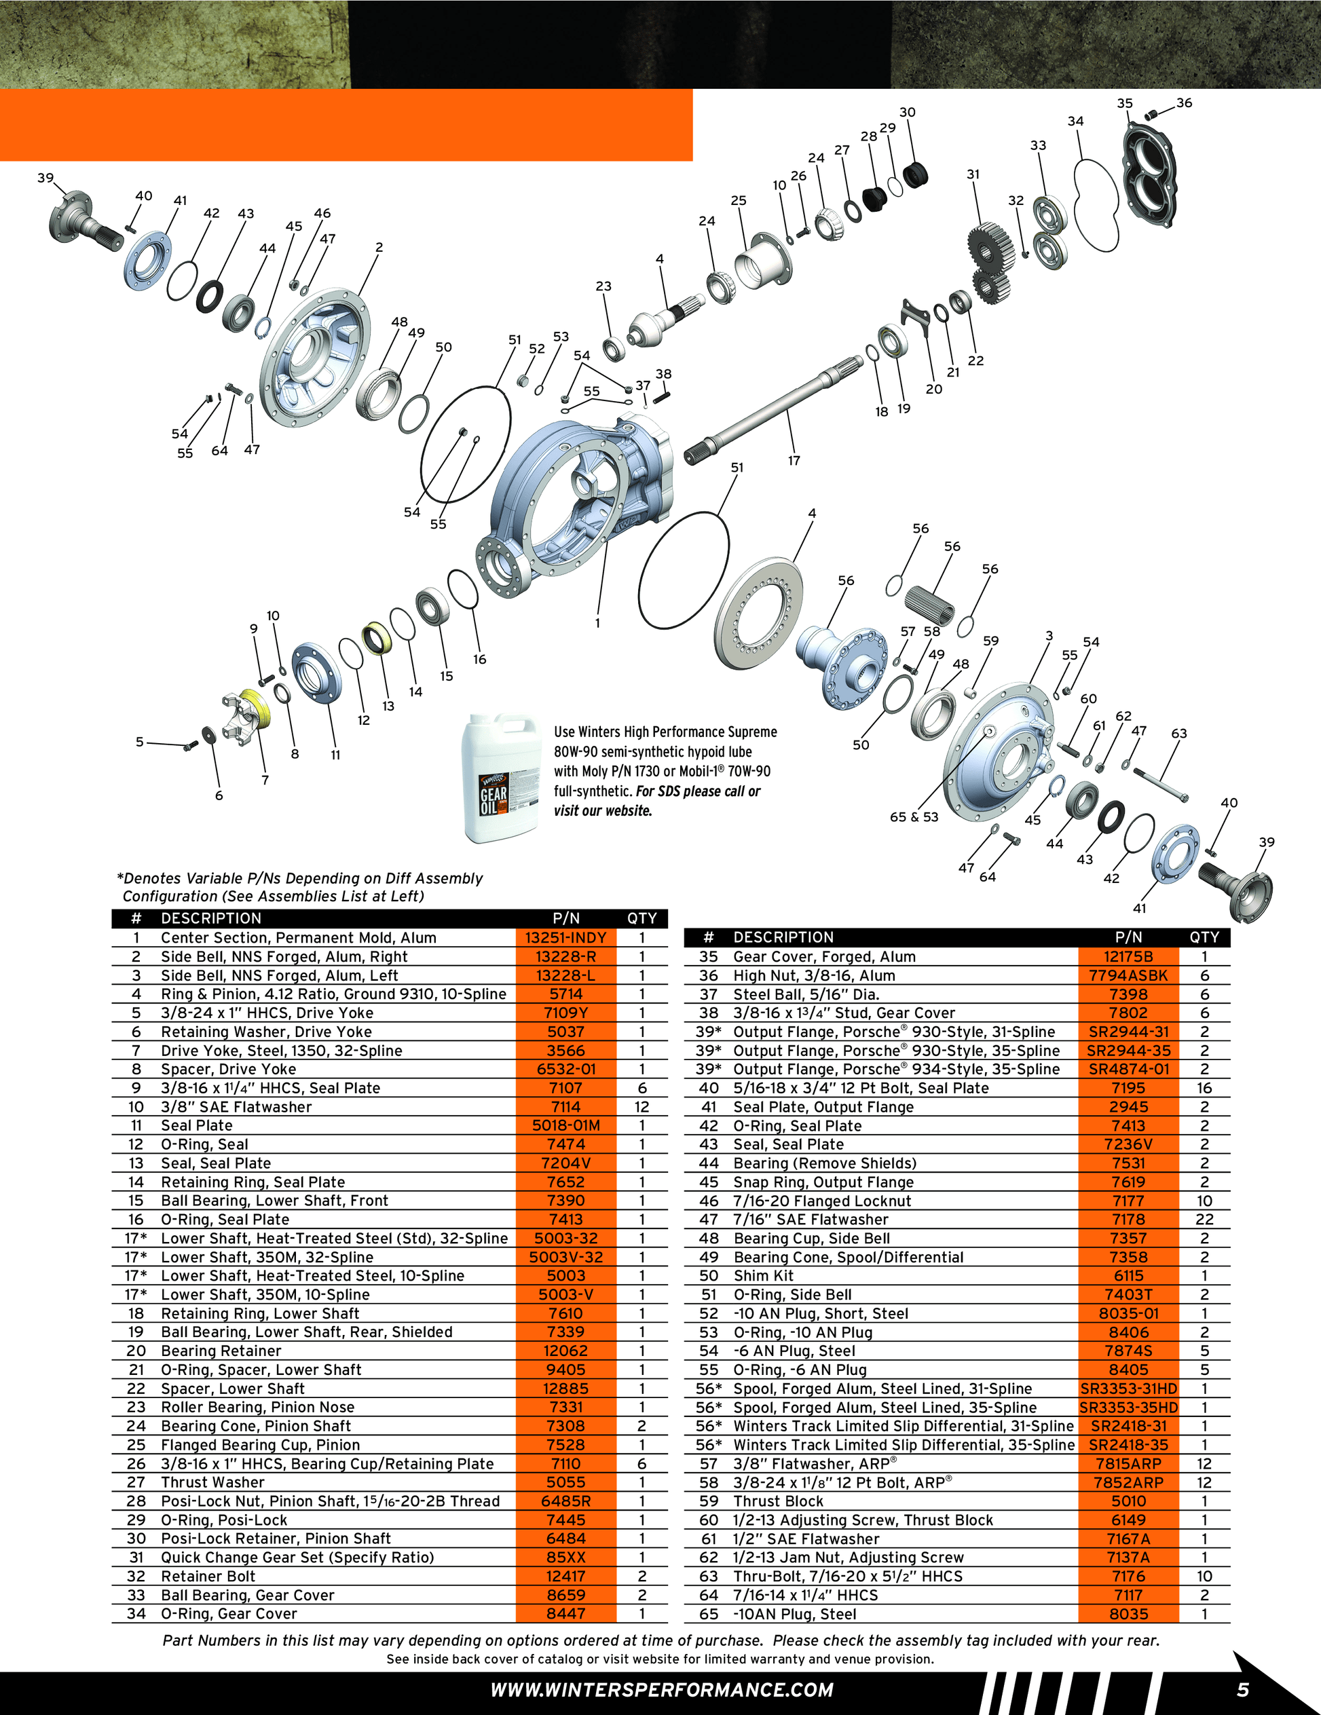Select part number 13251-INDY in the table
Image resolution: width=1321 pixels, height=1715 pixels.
(565, 938)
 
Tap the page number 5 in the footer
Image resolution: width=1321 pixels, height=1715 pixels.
(1243, 1689)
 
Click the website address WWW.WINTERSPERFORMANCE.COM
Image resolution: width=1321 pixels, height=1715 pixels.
(661, 1690)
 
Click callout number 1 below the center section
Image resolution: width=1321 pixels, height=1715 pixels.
(597, 624)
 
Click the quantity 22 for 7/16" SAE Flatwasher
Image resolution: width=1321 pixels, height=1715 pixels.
(1204, 1220)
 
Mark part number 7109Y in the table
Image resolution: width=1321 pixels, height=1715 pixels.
(565, 1013)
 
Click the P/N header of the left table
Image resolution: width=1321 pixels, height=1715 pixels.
(565, 919)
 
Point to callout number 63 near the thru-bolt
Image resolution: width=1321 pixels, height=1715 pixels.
(1179, 734)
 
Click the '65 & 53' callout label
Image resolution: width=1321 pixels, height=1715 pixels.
(914, 816)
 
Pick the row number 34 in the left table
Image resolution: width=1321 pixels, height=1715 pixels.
(136, 1615)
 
